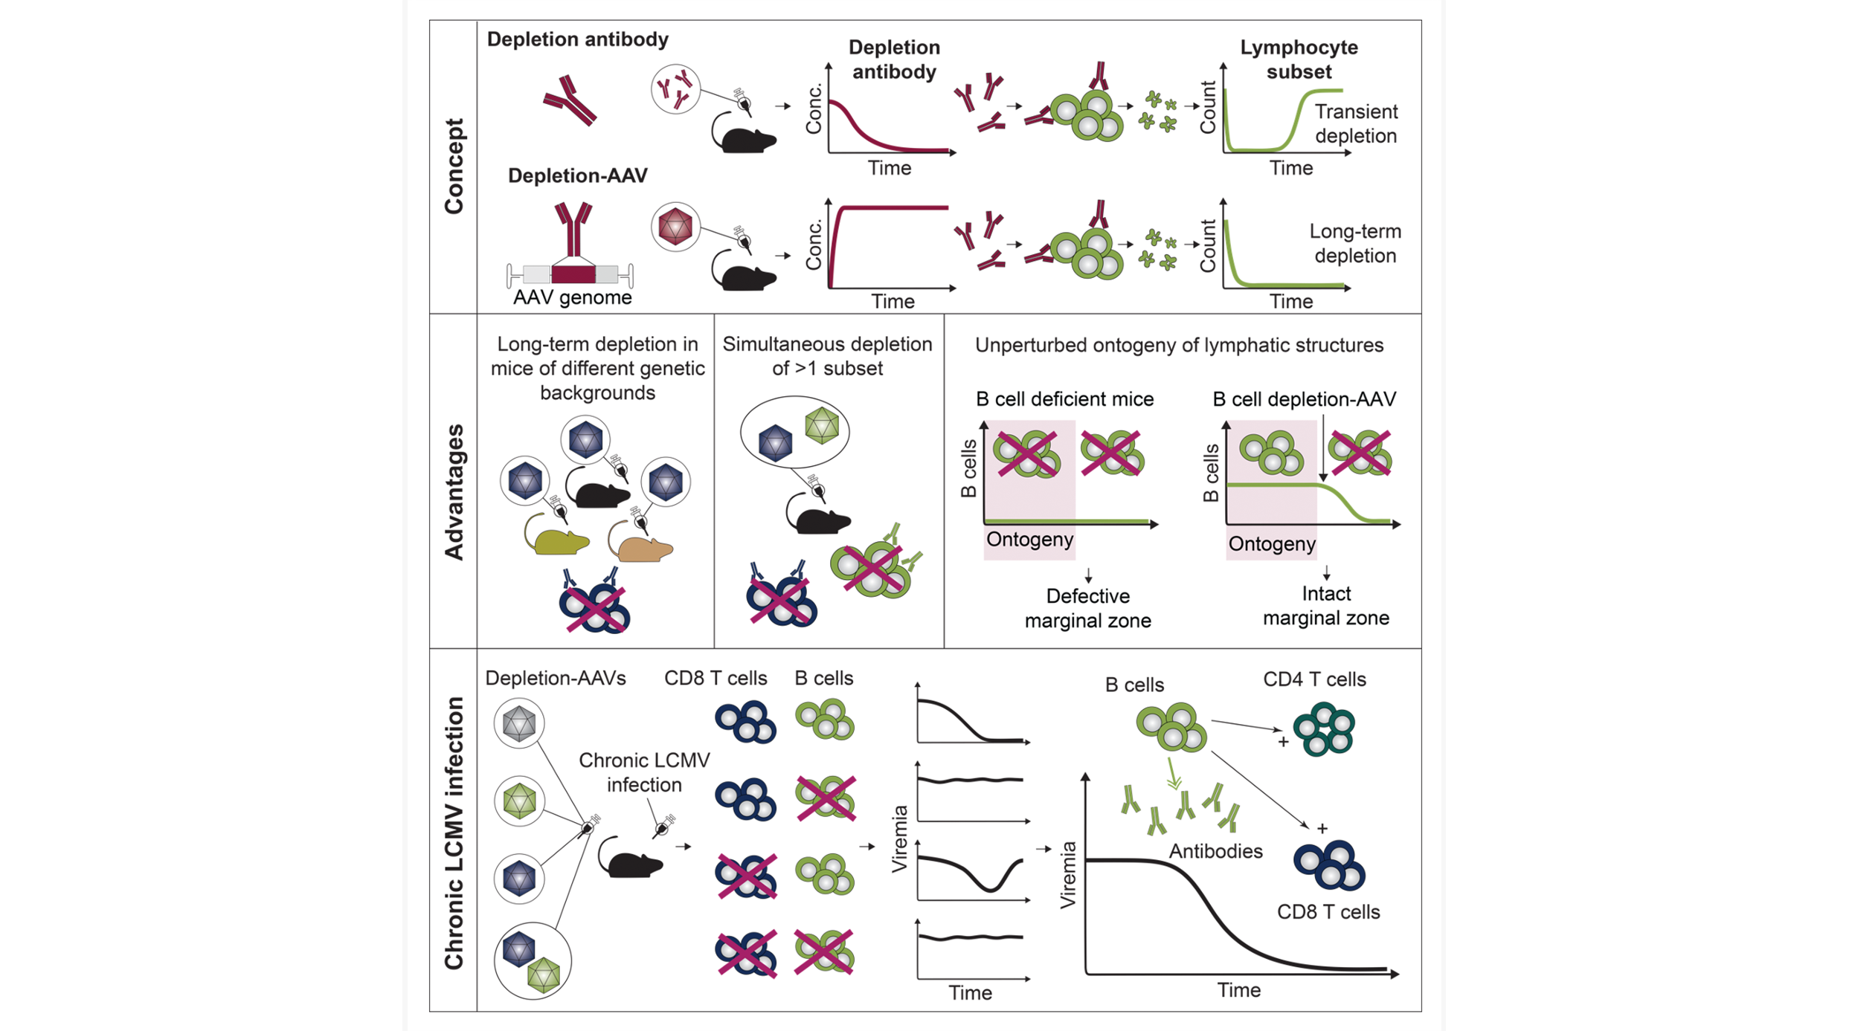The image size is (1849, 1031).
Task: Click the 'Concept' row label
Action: point(454,166)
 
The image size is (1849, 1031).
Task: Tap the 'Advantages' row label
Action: point(454,492)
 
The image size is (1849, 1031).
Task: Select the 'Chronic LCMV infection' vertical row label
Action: point(454,833)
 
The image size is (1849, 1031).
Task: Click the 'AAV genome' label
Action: point(572,297)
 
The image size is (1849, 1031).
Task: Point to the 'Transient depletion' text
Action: point(1355,123)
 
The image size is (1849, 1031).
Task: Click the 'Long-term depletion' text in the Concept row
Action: point(1354,243)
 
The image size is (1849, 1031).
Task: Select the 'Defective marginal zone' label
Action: point(1087,608)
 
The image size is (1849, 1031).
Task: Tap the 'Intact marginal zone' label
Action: point(1325,606)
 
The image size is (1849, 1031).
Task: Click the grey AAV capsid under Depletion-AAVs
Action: point(519,723)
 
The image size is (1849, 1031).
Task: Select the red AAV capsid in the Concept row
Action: point(675,226)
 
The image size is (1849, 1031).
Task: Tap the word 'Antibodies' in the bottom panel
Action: point(1215,851)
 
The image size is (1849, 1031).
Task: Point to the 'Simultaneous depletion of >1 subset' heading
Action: point(827,356)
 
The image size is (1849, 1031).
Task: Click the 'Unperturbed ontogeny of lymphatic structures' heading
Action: point(1179,345)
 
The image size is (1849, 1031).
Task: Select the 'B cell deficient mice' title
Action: point(1064,399)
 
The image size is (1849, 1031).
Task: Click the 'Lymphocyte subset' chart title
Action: point(1298,59)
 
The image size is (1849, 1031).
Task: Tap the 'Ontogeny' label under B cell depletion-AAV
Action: point(1272,544)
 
